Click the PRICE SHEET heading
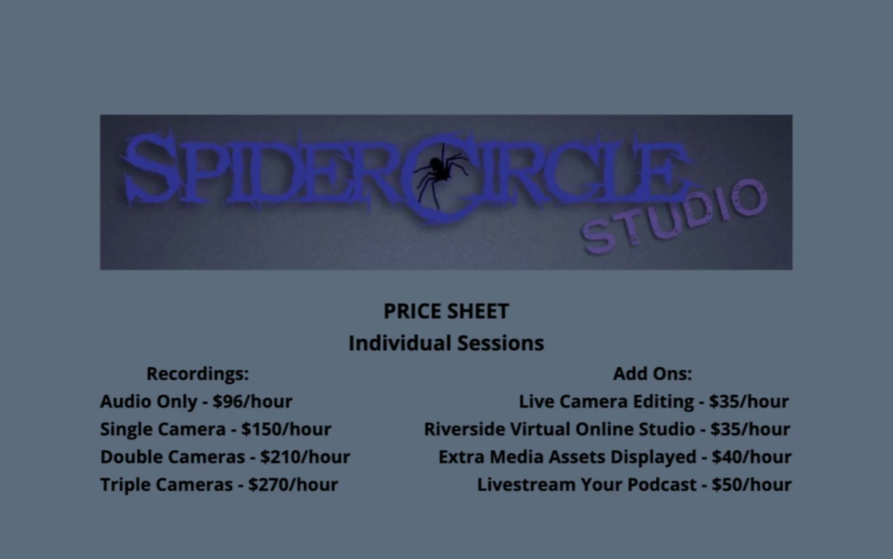point(446,311)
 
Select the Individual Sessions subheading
point(446,343)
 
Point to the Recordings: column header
point(198,373)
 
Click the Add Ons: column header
point(653,373)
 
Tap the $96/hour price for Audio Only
point(252,401)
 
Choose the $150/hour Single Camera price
point(286,429)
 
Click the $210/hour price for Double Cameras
point(305,457)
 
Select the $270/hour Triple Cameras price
point(293,485)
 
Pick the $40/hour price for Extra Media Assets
point(752,457)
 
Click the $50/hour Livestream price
point(752,485)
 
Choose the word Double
point(128,457)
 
